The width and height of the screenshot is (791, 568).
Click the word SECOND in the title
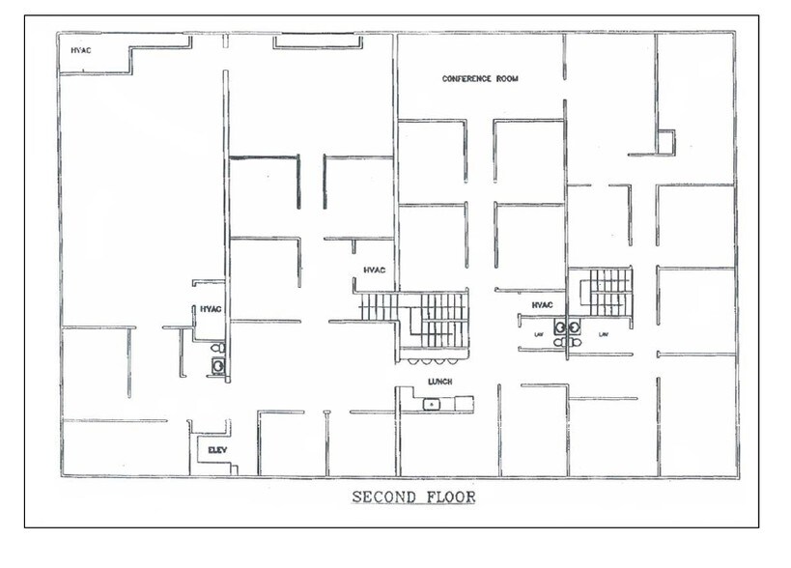tap(383, 497)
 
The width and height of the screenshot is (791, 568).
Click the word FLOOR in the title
tap(451, 497)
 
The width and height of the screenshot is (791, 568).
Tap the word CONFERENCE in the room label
tap(466, 78)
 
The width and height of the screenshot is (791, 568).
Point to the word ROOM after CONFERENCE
tap(507, 78)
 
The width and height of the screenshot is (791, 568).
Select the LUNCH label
tap(439, 382)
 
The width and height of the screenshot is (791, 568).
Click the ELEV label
tap(217, 450)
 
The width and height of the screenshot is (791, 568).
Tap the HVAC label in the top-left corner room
tap(81, 50)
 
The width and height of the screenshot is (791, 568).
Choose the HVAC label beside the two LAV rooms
tap(542, 305)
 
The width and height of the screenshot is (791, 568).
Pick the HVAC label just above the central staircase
tap(375, 270)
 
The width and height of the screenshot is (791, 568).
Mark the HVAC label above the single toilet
tap(211, 309)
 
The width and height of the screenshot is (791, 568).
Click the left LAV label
tap(539, 334)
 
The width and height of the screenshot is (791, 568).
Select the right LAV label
tap(604, 334)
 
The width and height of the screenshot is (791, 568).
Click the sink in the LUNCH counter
tap(432, 404)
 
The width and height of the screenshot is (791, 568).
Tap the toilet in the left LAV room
tap(559, 342)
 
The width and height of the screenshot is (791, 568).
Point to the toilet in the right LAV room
tap(576, 342)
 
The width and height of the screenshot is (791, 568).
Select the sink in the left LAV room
tap(560, 327)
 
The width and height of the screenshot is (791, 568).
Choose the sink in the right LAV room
tap(574, 327)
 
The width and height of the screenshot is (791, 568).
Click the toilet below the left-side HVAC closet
tap(218, 348)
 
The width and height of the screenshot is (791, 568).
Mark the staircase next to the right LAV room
tap(606, 292)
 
